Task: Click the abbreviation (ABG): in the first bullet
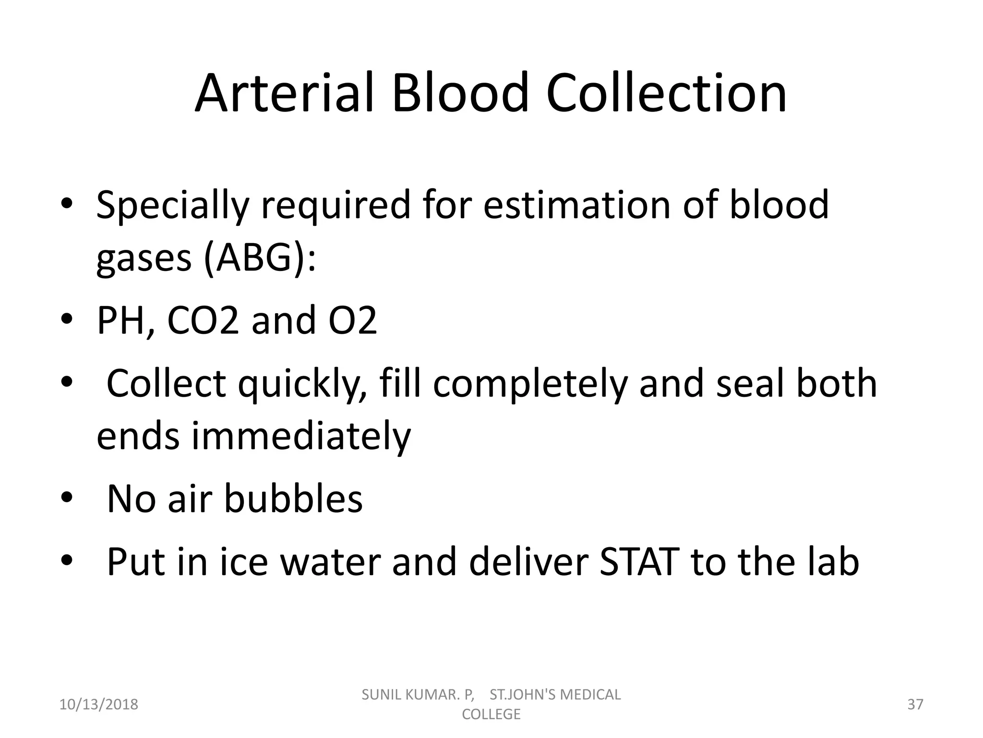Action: coord(260,258)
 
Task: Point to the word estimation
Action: coord(576,205)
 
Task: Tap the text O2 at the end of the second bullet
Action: coord(352,320)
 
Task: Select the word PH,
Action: coord(126,320)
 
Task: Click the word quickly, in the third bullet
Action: coord(303,384)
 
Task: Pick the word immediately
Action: coord(301,436)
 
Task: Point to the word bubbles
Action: coord(293,499)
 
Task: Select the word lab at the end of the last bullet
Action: coord(832,562)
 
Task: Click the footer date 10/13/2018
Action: coord(98,704)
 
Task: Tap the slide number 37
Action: coord(915,704)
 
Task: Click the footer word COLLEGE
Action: coord(491,714)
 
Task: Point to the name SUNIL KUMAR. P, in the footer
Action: coord(418,695)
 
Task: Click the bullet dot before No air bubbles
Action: coord(67,498)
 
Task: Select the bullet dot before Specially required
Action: coord(67,204)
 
